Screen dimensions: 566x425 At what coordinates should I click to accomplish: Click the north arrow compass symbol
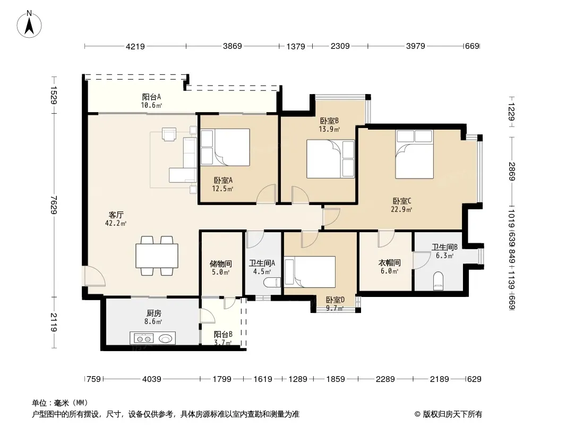(x=29, y=24)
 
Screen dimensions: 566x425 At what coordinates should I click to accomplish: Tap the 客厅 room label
(x=116, y=215)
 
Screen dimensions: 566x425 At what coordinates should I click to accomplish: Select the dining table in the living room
(x=157, y=256)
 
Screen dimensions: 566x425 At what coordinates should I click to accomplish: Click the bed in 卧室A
(x=225, y=147)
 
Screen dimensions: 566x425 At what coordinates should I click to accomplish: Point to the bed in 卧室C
(x=414, y=154)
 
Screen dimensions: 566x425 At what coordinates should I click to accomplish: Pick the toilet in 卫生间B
(x=438, y=281)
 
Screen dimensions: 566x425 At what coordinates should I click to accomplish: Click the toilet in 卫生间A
(x=272, y=282)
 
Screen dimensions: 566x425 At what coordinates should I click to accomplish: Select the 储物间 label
(x=220, y=264)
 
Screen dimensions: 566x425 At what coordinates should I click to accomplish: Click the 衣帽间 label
(x=389, y=262)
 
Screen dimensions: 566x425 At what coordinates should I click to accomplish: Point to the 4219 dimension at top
(x=135, y=46)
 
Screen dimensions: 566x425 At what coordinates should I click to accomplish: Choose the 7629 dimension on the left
(x=54, y=205)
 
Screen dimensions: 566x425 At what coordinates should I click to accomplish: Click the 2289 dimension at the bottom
(x=385, y=379)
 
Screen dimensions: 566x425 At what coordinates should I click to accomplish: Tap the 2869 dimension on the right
(x=511, y=172)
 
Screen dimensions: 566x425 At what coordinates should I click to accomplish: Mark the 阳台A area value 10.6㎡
(x=152, y=105)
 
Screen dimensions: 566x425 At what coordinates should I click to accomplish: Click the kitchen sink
(x=166, y=339)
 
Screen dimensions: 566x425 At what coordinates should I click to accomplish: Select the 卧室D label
(x=336, y=300)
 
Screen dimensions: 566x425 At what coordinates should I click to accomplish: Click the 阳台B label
(x=223, y=334)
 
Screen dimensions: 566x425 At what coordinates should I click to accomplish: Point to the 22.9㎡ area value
(x=401, y=209)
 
